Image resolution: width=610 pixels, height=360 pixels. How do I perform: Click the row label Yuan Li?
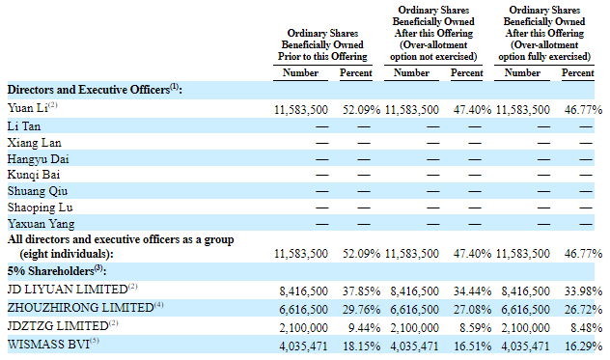[x=27, y=108]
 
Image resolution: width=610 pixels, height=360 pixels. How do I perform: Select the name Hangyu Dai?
[x=39, y=159]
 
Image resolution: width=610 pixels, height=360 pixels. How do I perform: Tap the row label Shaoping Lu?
[x=41, y=208]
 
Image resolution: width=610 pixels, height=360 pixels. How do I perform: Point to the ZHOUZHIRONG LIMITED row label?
[x=80, y=308]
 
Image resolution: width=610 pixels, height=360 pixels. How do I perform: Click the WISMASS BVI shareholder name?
[x=48, y=344]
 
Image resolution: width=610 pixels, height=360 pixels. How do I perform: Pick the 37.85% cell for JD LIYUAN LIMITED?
[x=361, y=291]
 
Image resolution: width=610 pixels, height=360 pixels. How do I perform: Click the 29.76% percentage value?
[x=361, y=310]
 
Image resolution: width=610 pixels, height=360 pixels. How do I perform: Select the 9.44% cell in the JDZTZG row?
[x=364, y=328]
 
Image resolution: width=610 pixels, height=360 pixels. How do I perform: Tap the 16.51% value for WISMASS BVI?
[x=472, y=346]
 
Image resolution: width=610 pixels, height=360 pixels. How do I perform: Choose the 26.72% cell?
[x=584, y=310]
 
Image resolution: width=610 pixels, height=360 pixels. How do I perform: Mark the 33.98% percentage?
[x=584, y=291]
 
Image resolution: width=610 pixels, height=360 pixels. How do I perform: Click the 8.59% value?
[x=476, y=328]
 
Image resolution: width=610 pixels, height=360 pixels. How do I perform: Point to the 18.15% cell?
[x=361, y=346]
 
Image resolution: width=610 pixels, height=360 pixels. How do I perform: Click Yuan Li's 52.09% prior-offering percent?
[x=361, y=110]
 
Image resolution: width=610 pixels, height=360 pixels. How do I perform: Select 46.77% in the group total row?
[x=584, y=254]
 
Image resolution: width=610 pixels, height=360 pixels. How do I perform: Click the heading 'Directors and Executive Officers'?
[x=89, y=90]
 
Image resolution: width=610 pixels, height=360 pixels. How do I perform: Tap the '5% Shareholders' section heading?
[x=50, y=271]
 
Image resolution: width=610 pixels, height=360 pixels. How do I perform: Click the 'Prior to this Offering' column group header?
[x=322, y=56]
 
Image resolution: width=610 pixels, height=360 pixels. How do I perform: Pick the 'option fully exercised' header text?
[x=544, y=56]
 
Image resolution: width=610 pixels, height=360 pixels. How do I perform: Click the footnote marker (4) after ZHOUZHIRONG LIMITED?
[x=158, y=305]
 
